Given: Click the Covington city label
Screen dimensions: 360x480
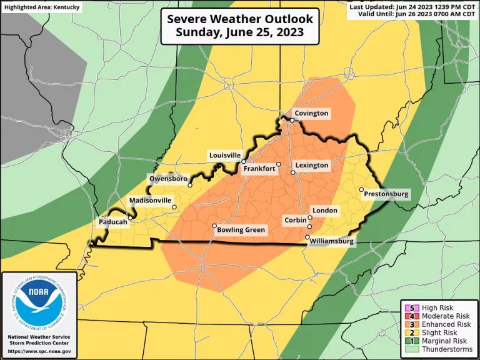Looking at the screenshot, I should click(x=312, y=114).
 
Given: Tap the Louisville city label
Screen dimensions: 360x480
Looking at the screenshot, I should click(x=224, y=155).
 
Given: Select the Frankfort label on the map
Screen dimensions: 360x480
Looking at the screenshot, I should click(x=260, y=169).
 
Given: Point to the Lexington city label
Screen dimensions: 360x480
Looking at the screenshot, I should click(x=312, y=165).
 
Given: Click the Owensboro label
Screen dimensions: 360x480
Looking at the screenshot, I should click(x=168, y=179).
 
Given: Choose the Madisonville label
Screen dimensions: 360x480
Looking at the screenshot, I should click(x=150, y=201).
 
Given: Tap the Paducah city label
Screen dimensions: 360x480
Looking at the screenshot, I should click(x=113, y=222).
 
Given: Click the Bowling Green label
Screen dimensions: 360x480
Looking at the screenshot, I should click(x=241, y=230).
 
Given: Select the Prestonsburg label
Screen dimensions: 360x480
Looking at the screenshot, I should click(x=387, y=194).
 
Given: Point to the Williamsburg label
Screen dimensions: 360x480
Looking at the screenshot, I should click(x=332, y=241).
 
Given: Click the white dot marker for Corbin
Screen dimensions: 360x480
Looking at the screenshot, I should click(x=309, y=226).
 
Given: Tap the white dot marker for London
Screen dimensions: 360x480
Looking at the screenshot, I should click(x=310, y=217).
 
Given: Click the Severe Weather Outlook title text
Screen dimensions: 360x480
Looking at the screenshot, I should click(x=240, y=19).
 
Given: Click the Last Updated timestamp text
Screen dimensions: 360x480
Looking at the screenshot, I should click(x=412, y=6).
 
